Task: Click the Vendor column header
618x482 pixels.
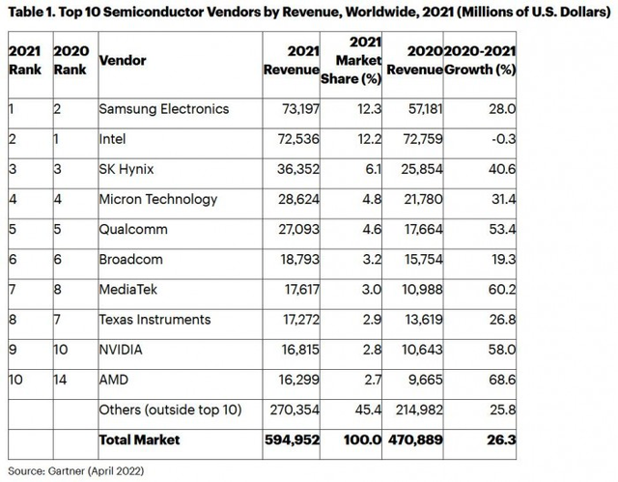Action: [x=123, y=60]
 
